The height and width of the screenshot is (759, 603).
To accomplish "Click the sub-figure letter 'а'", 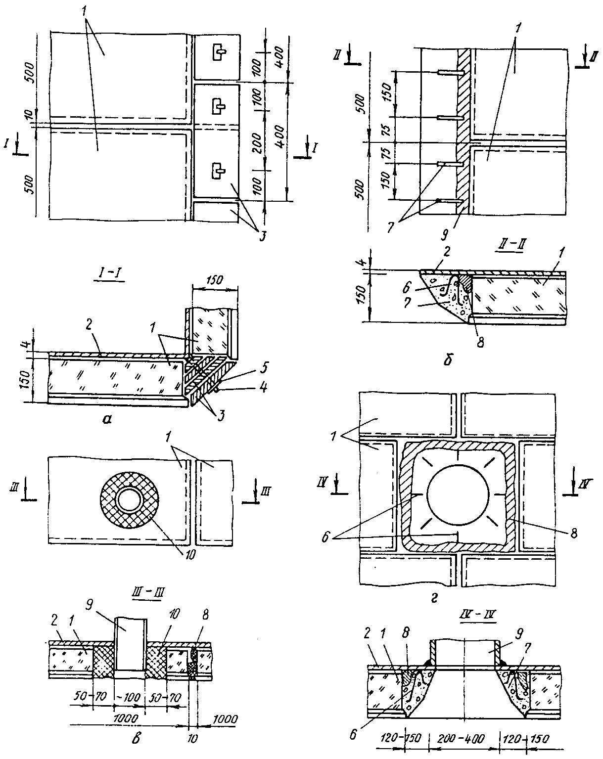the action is pyautogui.click(x=106, y=419).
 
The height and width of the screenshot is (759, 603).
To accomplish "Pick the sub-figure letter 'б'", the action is pyautogui.click(x=448, y=360).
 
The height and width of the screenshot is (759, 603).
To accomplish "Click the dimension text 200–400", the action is pyautogui.click(x=461, y=737).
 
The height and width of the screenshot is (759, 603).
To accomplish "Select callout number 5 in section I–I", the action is pyautogui.click(x=262, y=367).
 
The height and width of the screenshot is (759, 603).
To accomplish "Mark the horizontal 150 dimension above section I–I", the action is pyautogui.click(x=215, y=280).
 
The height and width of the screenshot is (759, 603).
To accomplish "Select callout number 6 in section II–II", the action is pyautogui.click(x=406, y=287).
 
